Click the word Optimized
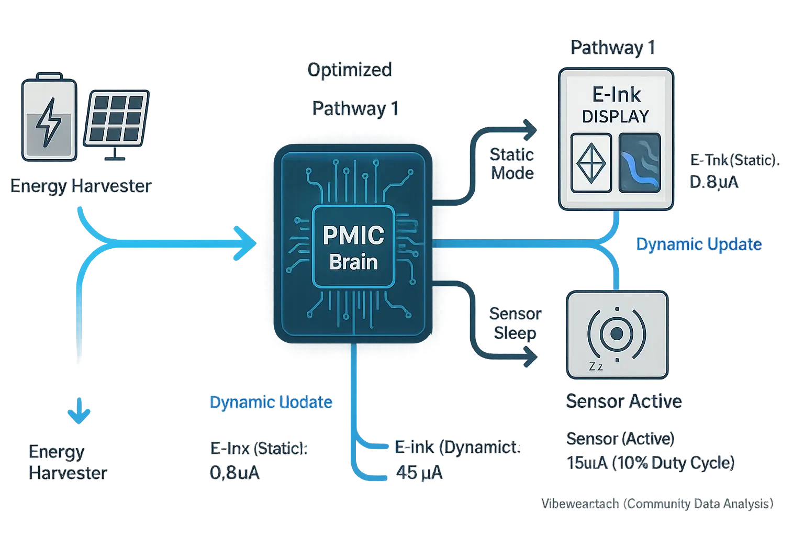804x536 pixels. tap(350, 70)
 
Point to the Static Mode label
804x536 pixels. tap(511, 164)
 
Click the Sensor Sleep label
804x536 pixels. tap(515, 323)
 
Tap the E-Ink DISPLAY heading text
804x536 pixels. tap(616, 105)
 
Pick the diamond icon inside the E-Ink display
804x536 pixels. tap(591, 163)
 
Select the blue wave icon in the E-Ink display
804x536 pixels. tap(639, 163)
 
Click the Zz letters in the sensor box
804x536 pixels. tap(596, 366)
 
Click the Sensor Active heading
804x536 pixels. tap(623, 401)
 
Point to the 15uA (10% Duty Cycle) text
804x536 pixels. tap(650, 463)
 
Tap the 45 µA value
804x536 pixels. tap(419, 473)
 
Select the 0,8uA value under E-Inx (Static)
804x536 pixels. tap(234, 473)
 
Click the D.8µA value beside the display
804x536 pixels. tap(714, 182)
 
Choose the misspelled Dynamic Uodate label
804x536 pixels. tap(271, 402)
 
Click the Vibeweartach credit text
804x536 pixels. tap(657, 504)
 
